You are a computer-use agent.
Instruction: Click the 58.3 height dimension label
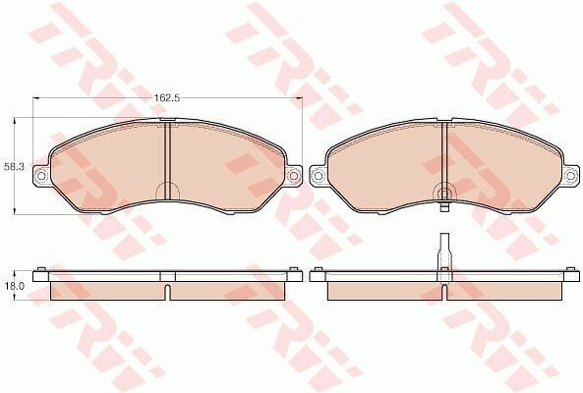[14, 167]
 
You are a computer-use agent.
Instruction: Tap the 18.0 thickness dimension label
[14, 286]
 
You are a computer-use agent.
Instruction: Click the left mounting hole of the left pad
[41, 175]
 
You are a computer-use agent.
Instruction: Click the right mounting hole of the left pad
[294, 175]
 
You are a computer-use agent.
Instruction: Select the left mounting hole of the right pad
[318, 175]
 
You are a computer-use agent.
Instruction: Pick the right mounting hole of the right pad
[570, 175]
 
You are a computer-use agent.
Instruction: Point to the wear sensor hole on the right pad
[444, 193]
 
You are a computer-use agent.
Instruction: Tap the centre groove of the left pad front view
[167, 160]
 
